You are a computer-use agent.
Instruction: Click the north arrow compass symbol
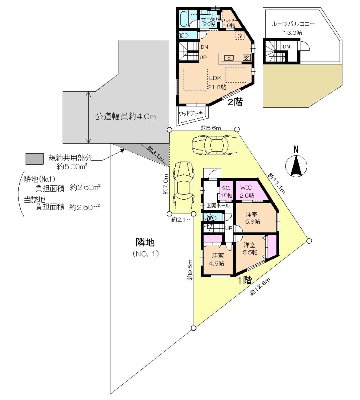coord(296,165)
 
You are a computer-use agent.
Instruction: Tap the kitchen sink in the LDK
coord(229,58)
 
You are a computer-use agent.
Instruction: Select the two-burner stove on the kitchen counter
coord(246,58)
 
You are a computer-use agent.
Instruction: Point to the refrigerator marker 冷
coord(240,36)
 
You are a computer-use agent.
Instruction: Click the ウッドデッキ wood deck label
coord(191,113)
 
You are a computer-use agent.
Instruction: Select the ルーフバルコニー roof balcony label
coord(293,24)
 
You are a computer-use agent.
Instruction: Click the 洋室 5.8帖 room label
coord(253,218)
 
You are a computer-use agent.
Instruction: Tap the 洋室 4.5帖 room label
coord(218,259)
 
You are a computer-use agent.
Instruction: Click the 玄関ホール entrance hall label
coord(218,206)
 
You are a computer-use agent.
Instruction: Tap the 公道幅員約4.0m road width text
coord(125,117)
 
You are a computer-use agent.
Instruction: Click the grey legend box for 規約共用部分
coord(34,159)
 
